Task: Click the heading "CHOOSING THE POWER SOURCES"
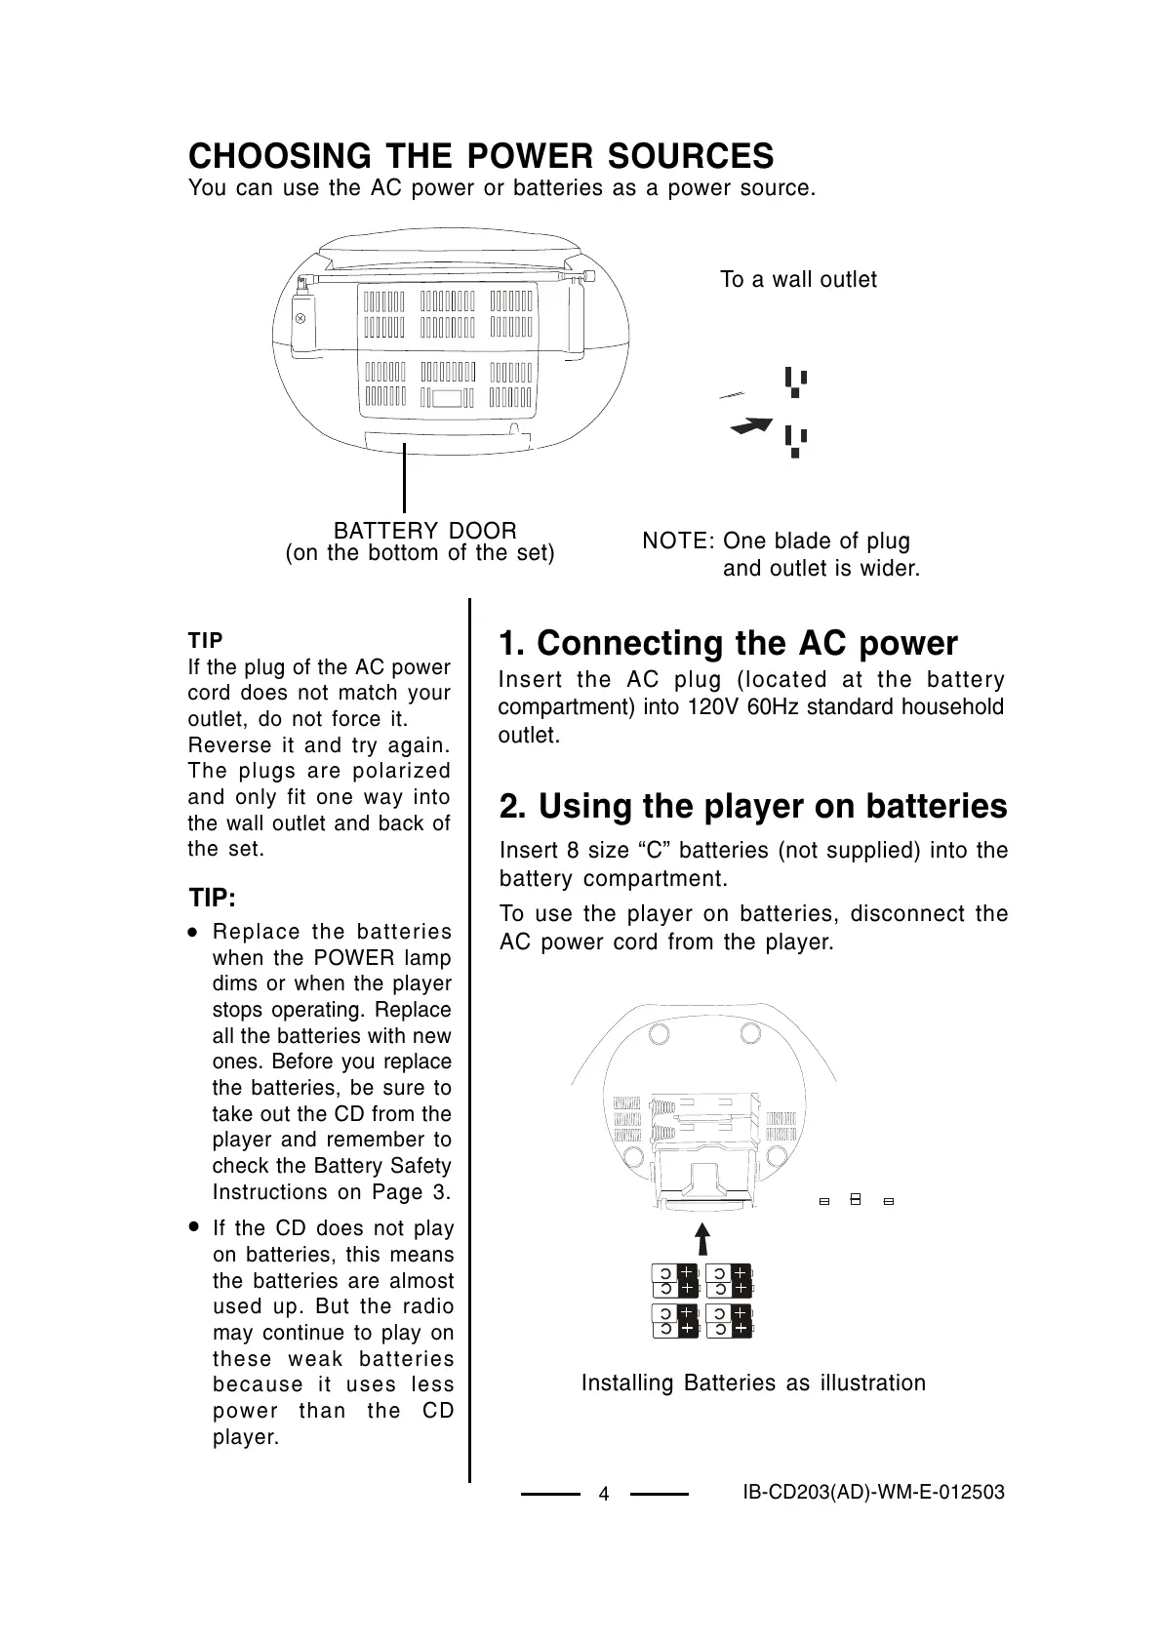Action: [x=481, y=156]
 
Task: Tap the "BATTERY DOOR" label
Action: [x=425, y=531]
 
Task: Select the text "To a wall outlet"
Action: [x=798, y=280]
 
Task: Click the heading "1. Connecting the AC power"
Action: [x=728, y=644]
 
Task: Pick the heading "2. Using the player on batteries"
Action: [x=753, y=807]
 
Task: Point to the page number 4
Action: [x=604, y=1495]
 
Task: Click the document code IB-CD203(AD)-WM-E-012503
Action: [x=873, y=1493]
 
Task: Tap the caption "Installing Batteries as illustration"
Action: [x=753, y=1383]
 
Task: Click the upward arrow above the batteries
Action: [x=702, y=1239]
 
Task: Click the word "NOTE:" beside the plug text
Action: [x=679, y=541]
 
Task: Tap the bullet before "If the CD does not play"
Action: [x=195, y=1226]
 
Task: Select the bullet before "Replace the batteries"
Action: [x=195, y=933]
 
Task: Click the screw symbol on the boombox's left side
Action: [x=301, y=318]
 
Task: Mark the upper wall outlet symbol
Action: [x=796, y=381]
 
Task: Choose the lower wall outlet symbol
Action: [x=796, y=442]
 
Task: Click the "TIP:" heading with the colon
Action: [x=212, y=897]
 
